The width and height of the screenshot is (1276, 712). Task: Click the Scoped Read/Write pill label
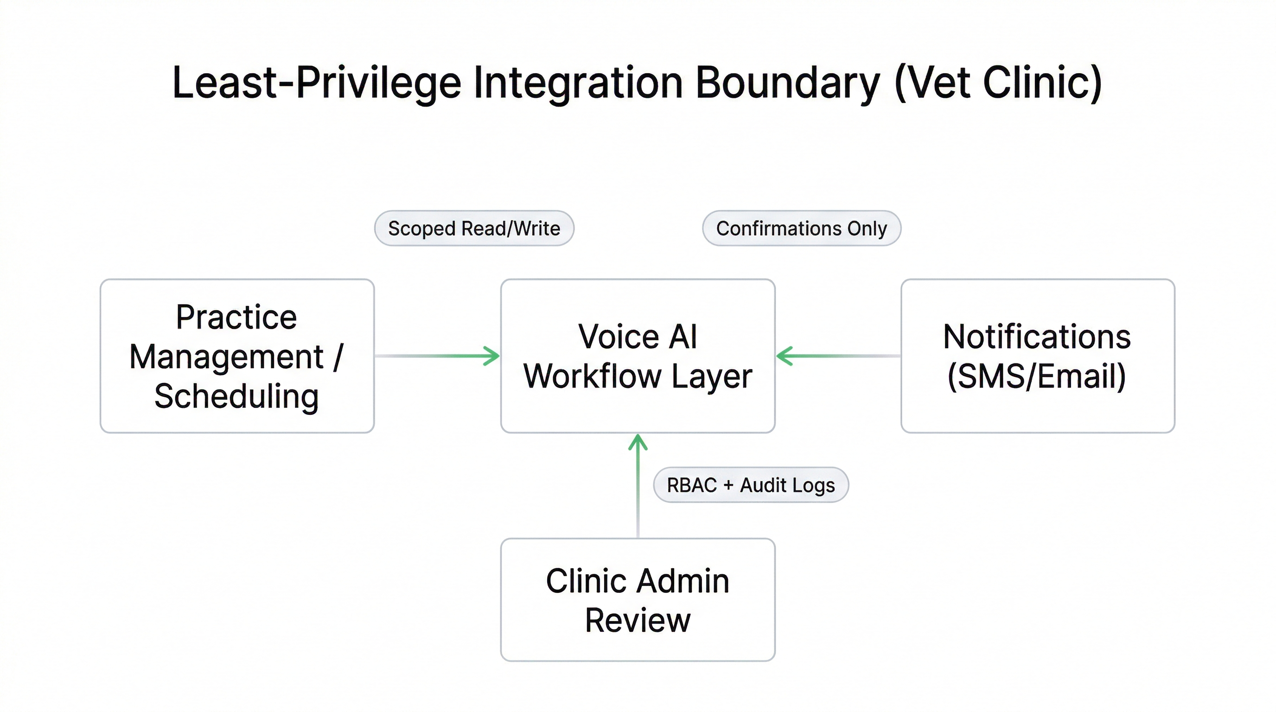[x=474, y=228]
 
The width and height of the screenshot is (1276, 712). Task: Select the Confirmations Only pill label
[x=802, y=228]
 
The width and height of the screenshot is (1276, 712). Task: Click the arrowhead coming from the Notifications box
[x=784, y=356]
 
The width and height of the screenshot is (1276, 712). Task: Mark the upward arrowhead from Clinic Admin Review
[x=638, y=441]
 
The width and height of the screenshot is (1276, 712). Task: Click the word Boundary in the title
[x=787, y=83]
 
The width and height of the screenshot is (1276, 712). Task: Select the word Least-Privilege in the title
[x=316, y=83]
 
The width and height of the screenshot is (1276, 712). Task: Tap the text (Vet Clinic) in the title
[x=998, y=83]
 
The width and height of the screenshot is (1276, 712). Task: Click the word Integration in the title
[x=578, y=83]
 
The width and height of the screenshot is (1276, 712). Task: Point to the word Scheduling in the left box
[x=236, y=396]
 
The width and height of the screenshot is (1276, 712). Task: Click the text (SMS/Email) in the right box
[x=1037, y=376]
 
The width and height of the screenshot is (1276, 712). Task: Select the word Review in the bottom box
[x=638, y=620]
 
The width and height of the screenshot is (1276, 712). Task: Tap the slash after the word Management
[x=338, y=356]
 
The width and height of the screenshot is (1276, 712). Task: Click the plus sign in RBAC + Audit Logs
[x=727, y=485]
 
